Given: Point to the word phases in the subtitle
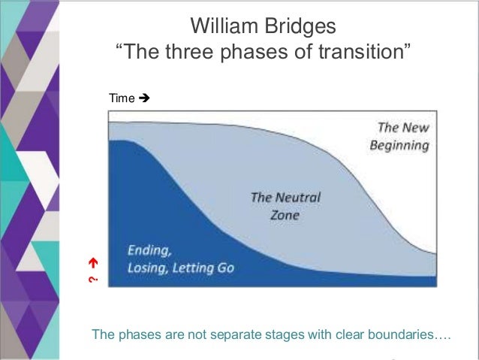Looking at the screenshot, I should pyautogui.click(x=256, y=55).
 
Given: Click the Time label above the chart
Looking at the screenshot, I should pyautogui.click(x=121, y=98).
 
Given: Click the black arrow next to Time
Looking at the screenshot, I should pyautogui.click(x=146, y=98).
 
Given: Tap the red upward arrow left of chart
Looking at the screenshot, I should pyautogui.click(x=94, y=263).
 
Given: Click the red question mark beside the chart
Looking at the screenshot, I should pyautogui.click(x=94, y=280).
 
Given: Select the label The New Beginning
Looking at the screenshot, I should pyautogui.click(x=399, y=136).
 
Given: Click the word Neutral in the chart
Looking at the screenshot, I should pyautogui.click(x=297, y=198).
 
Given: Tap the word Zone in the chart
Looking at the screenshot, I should pyautogui.click(x=285, y=215).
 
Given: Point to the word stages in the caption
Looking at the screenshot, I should pyautogui.click(x=262, y=334).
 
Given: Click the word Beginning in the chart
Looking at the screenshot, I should pyautogui.click(x=399, y=144).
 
